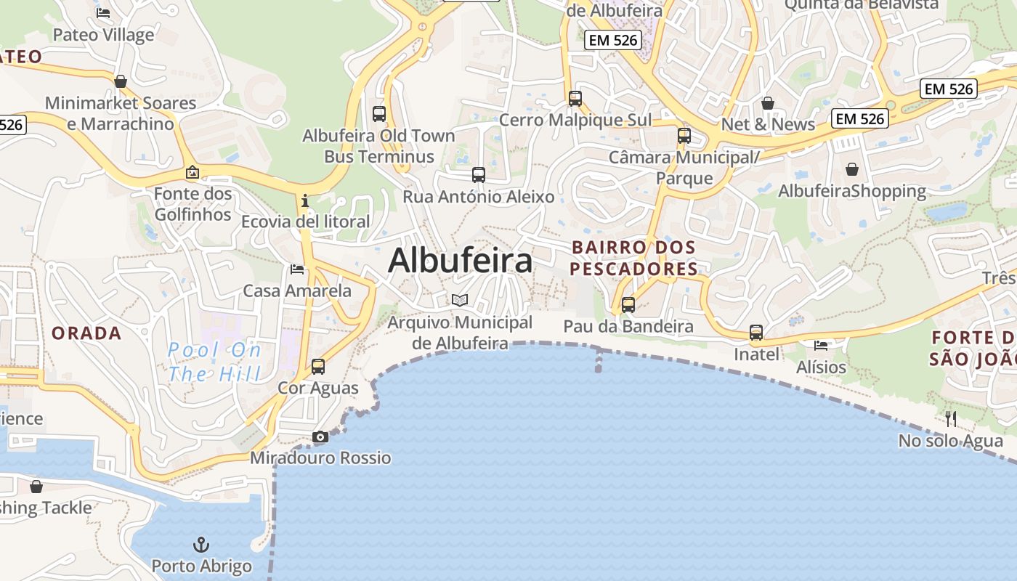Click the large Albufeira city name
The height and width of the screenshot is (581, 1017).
(x=460, y=260)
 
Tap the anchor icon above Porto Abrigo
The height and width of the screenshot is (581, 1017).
(x=200, y=544)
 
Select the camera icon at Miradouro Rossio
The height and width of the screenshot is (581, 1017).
(x=320, y=436)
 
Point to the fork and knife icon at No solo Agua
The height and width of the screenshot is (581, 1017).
(x=950, y=418)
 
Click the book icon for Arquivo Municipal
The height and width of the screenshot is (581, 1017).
(x=459, y=299)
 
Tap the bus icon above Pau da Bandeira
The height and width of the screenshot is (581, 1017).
(x=628, y=305)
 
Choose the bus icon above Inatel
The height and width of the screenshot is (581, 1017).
(x=756, y=333)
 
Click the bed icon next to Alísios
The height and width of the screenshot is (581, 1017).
(x=821, y=345)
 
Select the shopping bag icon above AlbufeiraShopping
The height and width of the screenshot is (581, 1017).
(x=852, y=169)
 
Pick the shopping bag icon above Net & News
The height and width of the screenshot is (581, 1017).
(x=768, y=103)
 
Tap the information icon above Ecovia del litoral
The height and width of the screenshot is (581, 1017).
(x=305, y=200)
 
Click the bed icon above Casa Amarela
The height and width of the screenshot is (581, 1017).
(x=297, y=269)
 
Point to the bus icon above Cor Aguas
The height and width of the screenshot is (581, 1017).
(x=318, y=367)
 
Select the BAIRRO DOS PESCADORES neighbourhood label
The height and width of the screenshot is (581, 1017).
(x=633, y=258)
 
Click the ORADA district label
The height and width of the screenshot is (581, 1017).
(x=86, y=333)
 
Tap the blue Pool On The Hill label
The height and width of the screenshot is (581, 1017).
(x=214, y=362)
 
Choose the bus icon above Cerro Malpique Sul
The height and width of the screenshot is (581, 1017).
(x=575, y=99)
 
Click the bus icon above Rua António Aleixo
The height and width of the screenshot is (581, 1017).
(x=478, y=174)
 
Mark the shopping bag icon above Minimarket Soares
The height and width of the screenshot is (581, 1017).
(x=121, y=81)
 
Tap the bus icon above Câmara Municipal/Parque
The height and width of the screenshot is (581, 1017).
(x=684, y=136)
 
